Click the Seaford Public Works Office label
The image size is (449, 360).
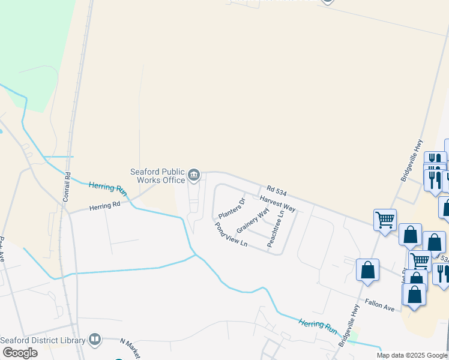pos(158,176)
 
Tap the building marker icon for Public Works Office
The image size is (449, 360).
pos(194,175)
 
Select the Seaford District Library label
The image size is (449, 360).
pos(43,340)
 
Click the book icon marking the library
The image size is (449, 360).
pos(94,340)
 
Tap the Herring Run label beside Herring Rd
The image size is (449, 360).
pos(109,188)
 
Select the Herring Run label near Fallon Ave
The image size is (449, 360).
pos(318,326)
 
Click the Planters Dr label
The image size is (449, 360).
pos(232,208)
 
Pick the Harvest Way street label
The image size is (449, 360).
pos(277,203)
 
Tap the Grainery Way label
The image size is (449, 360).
pos(253,221)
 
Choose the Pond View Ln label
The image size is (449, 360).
pos(231,235)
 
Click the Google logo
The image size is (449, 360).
pos(19,352)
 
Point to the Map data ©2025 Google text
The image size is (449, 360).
pos(411,355)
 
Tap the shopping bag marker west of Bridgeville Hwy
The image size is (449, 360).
pos(367,270)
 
